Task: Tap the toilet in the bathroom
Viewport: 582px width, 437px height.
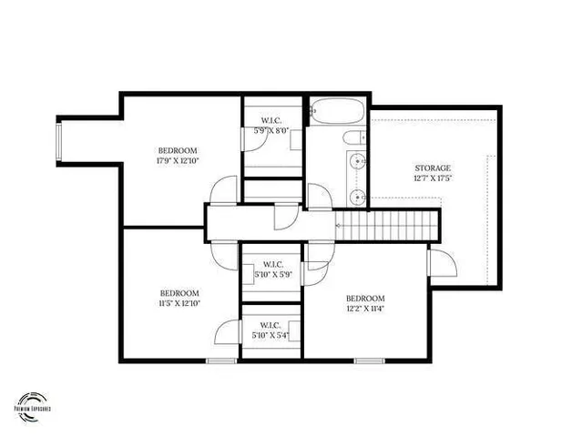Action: point(352,138)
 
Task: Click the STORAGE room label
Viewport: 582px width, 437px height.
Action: point(433,168)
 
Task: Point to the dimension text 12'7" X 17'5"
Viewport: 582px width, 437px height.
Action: point(433,178)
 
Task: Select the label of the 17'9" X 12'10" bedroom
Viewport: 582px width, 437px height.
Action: point(177,151)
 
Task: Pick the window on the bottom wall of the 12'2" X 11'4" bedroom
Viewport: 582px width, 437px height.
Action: point(368,361)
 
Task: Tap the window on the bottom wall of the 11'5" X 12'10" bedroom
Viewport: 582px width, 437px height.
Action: point(221,361)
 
